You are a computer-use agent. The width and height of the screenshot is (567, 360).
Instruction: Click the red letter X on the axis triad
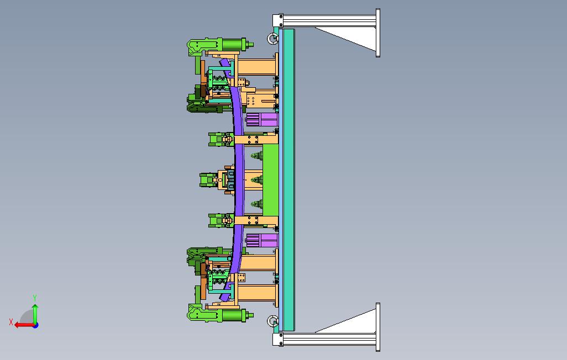click(11, 321)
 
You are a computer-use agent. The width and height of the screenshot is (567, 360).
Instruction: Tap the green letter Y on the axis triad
click(35, 298)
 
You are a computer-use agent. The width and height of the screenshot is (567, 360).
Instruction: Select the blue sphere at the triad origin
click(35, 325)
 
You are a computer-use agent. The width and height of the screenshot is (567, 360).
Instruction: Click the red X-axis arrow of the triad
click(24, 325)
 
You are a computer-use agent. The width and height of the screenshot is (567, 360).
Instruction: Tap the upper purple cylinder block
click(262, 119)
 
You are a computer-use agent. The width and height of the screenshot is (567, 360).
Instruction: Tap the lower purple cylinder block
click(262, 240)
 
